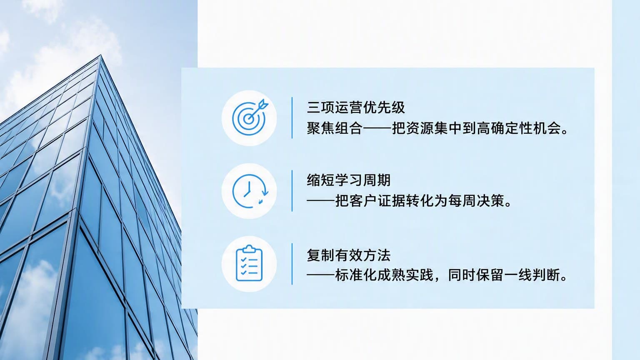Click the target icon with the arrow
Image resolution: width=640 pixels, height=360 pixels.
pos(250,117)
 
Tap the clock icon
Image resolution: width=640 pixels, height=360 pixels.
pos(250,191)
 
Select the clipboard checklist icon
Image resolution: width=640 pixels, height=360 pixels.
pos(249,263)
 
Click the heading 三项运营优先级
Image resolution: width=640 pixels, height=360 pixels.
pos(356,107)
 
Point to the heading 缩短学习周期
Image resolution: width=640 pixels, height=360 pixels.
pos(349,180)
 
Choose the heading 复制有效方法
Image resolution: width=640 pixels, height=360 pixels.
pos(349,255)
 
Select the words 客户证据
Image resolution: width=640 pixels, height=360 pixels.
pos(377,201)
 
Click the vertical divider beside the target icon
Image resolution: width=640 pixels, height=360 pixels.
pos(292,118)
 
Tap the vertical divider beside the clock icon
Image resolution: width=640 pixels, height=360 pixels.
pos(292,191)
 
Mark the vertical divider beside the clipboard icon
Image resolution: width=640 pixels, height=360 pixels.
pos(292,264)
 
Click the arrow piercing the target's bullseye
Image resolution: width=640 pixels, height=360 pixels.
pos(258,110)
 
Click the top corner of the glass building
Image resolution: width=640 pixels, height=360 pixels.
pos(100,55)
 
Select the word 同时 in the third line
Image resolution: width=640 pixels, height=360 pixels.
pos(462,275)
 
